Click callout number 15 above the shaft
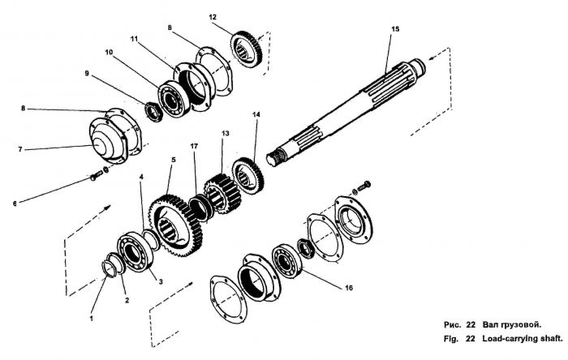click(x=395, y=29)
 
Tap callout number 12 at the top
click(x=213, y=17)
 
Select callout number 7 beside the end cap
click(x=20, y=149)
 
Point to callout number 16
click(x=348, y=288)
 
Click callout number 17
click(x=194, y=146)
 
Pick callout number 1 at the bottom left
click(x=91, y=319)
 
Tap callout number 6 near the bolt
click(x=15, y=204)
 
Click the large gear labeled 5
click(x=176, y=225)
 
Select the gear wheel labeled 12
click(x=247, y=49)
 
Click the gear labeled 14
click(x=248, y=176)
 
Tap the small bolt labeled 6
click(x=97, y=176)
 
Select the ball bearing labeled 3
click(x=135, y=252)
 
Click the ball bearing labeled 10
click(x=174, y=98)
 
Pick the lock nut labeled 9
click(x=154, y=112)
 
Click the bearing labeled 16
click(x=287, y=261)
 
